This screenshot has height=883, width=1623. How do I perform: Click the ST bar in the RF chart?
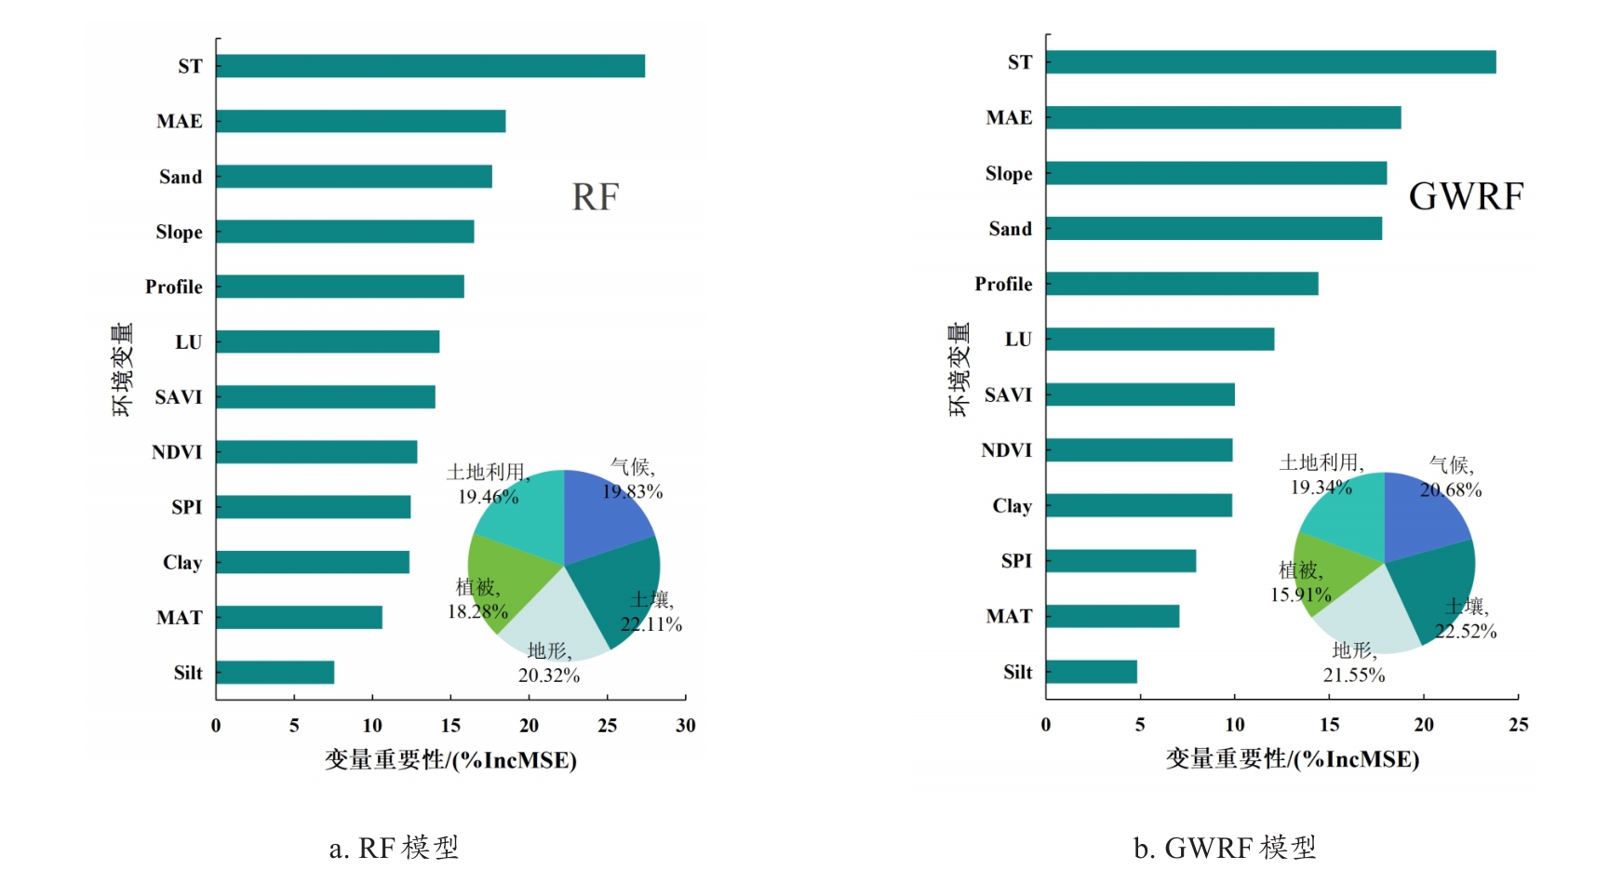pyautogui.click(x=430, y=66)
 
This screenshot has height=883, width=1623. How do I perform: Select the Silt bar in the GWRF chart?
pyautogui.click(x=1091, y=672)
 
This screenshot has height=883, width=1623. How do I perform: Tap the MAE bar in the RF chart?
pyautogui.click(x=360, y=121)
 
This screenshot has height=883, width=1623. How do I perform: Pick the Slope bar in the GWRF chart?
pyautogui.click(x=1215, y=173)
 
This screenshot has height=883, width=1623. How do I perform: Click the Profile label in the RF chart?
pyautogui.click(x=174, y=287)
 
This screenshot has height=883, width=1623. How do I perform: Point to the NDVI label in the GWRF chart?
pyautogui.click(x=1007, y=450)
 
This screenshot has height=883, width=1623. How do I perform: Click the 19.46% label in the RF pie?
pyautogui.click(x=488, y=497)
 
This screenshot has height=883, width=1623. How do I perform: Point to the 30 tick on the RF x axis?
pyautogui.click(x=686, y=726)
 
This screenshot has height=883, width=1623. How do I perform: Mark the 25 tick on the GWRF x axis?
pyautogui.click(x=1518, y=725)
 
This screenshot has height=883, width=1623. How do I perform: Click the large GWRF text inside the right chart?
pyautogui.click(x=1466, y=196)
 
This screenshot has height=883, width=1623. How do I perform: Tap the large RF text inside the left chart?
pyautogui.click(x=595, y=197)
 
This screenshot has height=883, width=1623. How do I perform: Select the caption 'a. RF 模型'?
pyautogui.click(x=395, y=848)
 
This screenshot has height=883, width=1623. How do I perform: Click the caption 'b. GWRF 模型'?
pyautogui.click(x=1225, y=848)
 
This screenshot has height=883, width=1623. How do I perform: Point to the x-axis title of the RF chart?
pyautogui.click(x=450, y=760)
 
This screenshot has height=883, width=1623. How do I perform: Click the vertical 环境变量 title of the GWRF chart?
pyautogui.click(x=959, y=369)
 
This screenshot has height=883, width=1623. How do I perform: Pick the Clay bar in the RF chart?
pyautogui.click(x=313, y=562)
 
